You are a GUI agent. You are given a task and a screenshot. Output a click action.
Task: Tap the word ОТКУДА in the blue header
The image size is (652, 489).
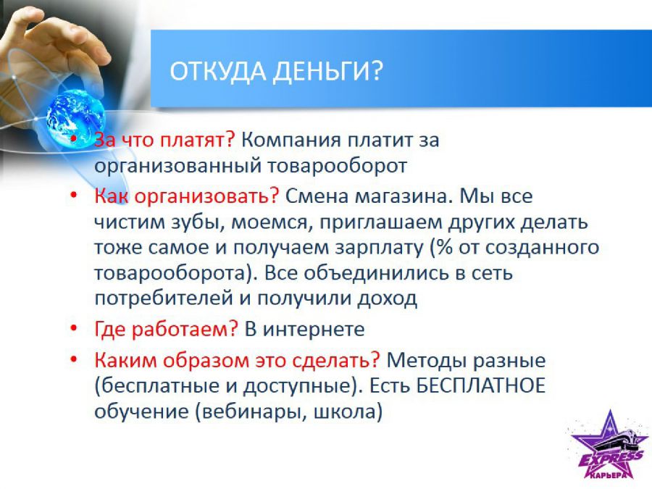[x=217, y=71]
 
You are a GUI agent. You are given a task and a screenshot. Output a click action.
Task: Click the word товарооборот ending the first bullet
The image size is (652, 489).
[x=336, y=166]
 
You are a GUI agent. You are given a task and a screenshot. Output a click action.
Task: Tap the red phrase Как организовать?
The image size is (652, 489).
[x=186, y=196]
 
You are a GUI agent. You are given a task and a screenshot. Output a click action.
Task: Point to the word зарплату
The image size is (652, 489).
[x=378, y=248]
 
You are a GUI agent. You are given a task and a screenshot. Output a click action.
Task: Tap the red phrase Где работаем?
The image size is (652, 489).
[x=166, y=330]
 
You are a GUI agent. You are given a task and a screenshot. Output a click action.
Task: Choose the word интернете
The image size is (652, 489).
[x=314, y=330]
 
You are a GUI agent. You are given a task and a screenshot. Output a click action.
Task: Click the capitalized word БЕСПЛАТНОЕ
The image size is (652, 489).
[x=481, y=385]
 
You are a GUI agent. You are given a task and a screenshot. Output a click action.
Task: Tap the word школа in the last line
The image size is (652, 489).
[x=344, y=411]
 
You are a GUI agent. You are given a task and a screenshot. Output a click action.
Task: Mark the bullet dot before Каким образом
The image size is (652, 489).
[x=74, y=359]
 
